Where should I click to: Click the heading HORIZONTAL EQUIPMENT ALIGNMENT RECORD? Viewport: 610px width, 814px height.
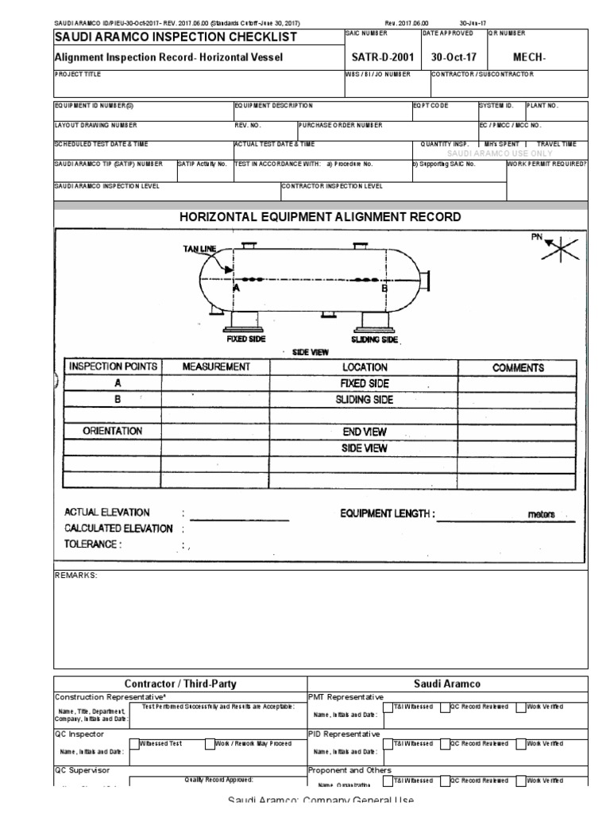point(320,217)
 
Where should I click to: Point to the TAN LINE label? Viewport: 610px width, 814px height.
point(199,249)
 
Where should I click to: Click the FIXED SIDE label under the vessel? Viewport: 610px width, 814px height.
point(245,339)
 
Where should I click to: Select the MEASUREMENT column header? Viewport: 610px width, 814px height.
point(216,367)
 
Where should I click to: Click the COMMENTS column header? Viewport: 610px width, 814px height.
point(518,368)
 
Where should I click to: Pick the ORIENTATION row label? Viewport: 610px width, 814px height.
point(113,431)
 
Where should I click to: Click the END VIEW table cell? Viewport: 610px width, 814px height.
point(364,432)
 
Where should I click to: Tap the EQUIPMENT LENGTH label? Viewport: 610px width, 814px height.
point(387,514)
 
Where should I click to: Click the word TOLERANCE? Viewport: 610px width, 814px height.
point(92,545)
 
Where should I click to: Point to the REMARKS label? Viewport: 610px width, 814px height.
point(75,575)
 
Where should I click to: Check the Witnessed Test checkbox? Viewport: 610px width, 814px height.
point(134,745)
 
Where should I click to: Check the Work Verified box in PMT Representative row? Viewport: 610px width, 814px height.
point(521,707)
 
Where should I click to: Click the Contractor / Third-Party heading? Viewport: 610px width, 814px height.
point(180,684)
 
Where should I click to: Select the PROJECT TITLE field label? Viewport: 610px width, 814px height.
point(78,74)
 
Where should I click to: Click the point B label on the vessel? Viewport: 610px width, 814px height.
point(384,289)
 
